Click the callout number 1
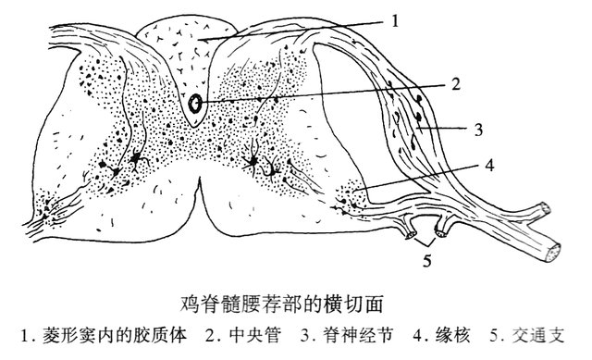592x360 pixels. (395, 20)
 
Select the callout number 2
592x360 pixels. (456, 84)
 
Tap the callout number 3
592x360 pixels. (478, 130)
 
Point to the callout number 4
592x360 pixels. (489, 165)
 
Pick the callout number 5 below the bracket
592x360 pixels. (426, 260)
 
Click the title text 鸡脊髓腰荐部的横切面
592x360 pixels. (282, 304)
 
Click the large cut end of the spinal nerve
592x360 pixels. (552, 253)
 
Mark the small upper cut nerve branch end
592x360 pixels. (545, 208)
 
